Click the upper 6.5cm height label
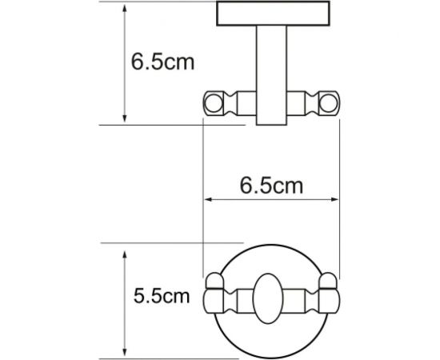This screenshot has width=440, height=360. [x=162, y=62]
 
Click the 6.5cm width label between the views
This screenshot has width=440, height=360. [x=273, y=186]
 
